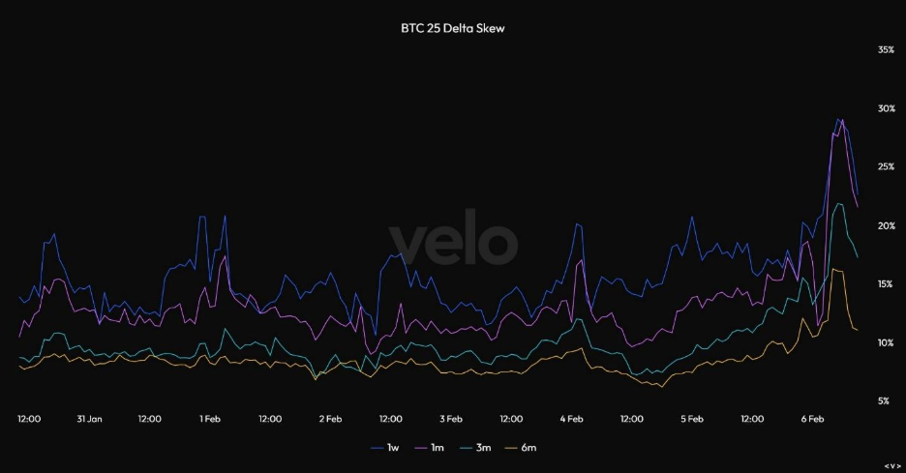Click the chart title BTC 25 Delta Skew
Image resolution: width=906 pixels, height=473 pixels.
[453, 29]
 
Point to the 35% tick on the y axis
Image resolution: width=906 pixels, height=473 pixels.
[885, 49]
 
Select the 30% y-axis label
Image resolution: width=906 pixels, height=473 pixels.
[885, 108]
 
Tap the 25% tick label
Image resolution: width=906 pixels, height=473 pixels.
[885, 167]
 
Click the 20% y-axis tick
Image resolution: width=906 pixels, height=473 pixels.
[885, 226]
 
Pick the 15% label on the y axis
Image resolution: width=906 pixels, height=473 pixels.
[885, 284]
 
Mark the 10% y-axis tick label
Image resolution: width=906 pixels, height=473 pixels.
[885, 343]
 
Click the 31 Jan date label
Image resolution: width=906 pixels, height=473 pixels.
[89, 420]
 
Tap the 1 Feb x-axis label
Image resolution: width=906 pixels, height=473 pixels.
[210, 420]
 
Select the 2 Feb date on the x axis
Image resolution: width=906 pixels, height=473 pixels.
[330, 420]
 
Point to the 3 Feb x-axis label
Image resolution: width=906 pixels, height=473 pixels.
[450, 420]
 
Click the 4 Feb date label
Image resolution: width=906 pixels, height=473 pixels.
[571, 420]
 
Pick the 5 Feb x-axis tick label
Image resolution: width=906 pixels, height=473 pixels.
[691, 420]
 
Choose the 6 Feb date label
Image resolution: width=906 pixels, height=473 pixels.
[812, 420]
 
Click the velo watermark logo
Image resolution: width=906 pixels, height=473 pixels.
[453, 242]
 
